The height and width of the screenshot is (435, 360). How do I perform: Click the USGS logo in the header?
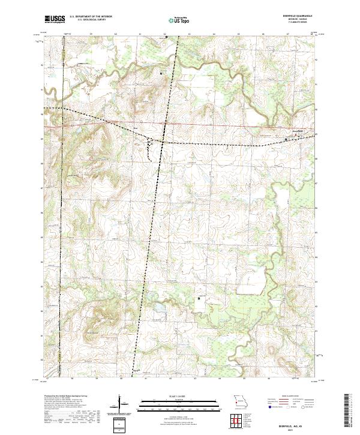[55, 19]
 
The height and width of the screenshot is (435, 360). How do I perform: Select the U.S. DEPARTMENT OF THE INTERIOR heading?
[91, 17]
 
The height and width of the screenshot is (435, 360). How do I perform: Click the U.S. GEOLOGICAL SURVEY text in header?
[89, 20]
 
